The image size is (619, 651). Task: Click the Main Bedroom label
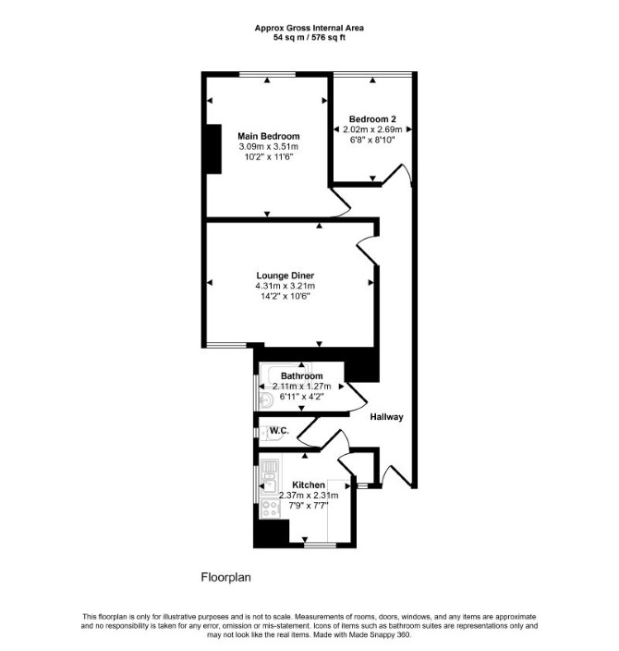pos(269,136)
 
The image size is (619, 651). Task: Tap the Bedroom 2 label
pos(372,118)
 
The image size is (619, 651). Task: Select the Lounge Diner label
pos(285,276)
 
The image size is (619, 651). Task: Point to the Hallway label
pos(387,417)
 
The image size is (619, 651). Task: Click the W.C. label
pos(279,431)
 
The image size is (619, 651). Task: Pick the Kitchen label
pos(309,485)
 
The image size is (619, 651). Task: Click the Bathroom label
pos(301,376)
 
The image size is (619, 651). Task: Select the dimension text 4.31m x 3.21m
pos(285,286)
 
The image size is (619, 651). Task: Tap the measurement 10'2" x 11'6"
pos(269,157)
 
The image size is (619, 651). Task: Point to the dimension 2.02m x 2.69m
pos(372,129)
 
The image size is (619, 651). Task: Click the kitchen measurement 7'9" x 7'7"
pos(309,506)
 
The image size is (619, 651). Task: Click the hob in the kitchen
pos(270,509)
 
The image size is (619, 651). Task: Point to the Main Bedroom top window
pos(267,74)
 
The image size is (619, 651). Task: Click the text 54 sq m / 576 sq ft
pos(309,37)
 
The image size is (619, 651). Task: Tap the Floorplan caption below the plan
pos(226,577)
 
